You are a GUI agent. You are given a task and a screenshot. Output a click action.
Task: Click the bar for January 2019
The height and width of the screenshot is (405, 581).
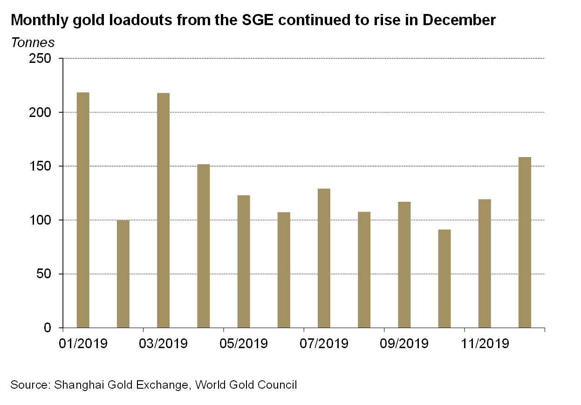click(83, 210)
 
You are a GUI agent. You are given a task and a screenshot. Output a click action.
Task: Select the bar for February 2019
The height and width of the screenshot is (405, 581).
click(123, 274)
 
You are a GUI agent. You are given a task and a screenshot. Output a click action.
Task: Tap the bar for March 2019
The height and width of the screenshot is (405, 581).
click(163, 210)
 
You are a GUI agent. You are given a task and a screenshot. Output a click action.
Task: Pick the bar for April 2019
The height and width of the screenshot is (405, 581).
click(203, 246)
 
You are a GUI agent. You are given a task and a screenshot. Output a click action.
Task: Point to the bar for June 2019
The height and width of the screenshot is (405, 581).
click(284, 270)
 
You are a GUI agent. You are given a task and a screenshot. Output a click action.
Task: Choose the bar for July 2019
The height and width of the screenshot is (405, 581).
click(324, 258)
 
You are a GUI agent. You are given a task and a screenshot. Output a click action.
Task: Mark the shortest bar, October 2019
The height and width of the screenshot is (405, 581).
click(444, 279)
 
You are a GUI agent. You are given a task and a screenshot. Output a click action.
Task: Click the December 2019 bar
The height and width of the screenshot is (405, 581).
click(525, 242)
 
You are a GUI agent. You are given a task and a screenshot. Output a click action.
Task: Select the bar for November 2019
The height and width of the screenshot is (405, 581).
click(485, 263)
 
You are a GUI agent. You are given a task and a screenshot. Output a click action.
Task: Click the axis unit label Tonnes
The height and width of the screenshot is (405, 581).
click(33, 42)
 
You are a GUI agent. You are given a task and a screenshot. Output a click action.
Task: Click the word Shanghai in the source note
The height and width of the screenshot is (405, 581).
click(76, 385)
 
